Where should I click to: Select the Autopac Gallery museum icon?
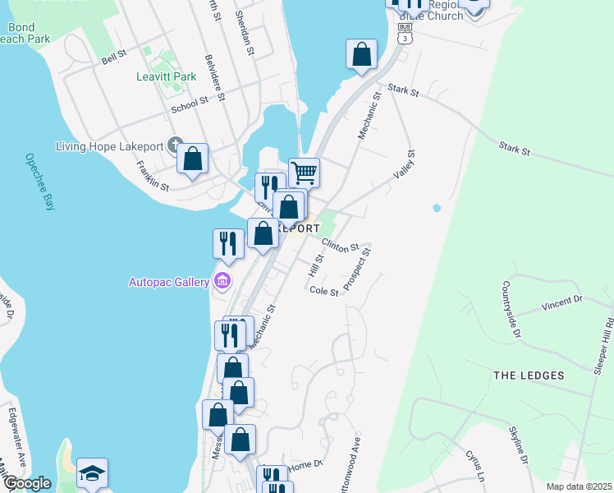click(x=222, y=282)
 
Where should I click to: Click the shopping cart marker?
click(x=304, y=173)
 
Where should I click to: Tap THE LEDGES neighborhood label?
click(x=529, y=376)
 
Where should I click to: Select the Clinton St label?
click(x=341, y=246)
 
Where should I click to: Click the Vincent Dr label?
click(x=561, y=305)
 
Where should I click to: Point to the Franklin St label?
click(x=153, y=175)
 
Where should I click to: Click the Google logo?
click(x=27, y=483)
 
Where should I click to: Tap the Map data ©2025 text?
click(x=580, y=486)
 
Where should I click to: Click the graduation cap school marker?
click(x=92, y=473)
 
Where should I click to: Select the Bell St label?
click(x=113, y=57)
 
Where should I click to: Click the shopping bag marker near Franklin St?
click(x=192, y=159)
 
